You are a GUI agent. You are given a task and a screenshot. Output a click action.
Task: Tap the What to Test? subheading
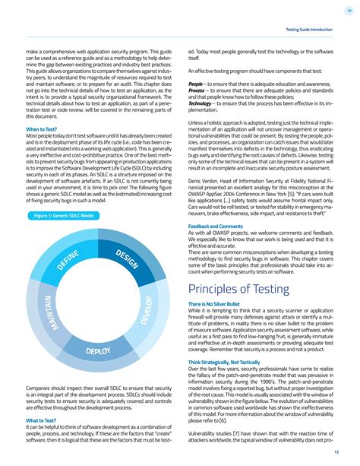[x=41, y=420]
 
